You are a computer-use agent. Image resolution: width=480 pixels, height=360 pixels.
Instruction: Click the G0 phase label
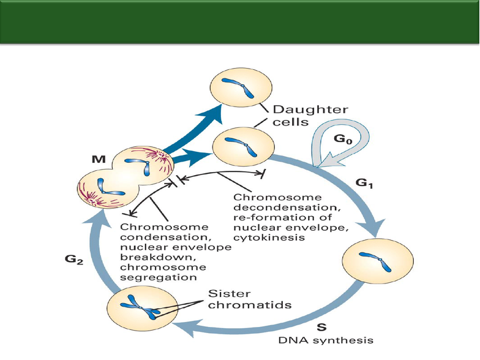click(x=343, y=140)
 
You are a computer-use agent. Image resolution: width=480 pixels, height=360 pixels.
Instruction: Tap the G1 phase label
click(x=364, y=184)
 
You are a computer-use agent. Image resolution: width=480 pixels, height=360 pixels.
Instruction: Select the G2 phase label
click(x=74, y=260)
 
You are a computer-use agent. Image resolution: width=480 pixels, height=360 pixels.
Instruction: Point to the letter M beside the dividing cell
click(x=99, y=159)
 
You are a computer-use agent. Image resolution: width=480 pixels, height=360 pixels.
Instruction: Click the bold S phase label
click(x=321, y=328)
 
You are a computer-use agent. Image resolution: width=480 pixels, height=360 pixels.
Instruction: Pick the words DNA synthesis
click(x=326, y=340)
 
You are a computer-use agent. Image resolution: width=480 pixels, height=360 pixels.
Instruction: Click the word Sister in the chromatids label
click(x=229, y=294)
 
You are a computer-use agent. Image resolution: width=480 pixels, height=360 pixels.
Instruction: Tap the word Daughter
click(x=310, y=110)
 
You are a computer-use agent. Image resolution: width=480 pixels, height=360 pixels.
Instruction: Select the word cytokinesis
click(x=269, y=238)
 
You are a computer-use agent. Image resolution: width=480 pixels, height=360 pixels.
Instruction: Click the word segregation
click(x=158, y=278)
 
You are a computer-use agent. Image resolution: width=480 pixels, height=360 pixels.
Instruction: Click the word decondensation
click(x=287, y=207)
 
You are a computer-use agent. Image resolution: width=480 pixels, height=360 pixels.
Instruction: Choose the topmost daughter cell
click(x=241, y=87)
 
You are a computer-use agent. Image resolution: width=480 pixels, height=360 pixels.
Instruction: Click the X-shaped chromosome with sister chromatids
click(x=140, y=308)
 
